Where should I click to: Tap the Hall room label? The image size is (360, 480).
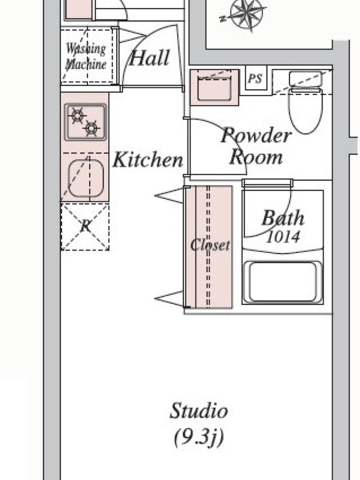point(149,58)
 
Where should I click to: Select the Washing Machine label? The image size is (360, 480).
point(86,56)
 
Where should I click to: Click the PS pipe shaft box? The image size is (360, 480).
point(256,79)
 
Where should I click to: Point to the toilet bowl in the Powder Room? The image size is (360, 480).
point(305,110)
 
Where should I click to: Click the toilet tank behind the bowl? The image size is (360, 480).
point(306,79)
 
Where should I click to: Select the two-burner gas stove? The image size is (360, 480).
point(85,122)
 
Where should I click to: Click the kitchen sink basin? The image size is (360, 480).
point(86,178)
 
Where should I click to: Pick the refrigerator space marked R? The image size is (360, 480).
point(85,227)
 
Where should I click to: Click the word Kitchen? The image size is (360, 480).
point(148,160)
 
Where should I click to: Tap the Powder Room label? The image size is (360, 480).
point(256,146)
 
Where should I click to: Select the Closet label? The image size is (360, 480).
point(210,245)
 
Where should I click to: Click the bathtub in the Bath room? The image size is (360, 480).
point(283,282)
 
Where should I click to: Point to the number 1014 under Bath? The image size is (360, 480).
point(283,237)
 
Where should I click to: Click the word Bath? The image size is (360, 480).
point(283,218)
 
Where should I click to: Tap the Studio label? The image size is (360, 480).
point(199,410)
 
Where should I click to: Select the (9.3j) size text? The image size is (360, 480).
point(199,438)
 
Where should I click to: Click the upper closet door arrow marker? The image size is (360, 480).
point(169,196)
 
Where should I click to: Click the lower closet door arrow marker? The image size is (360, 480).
point(169,298)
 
